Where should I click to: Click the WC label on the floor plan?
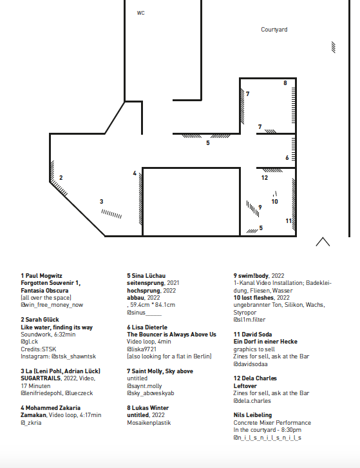pyautogui.click(x=140, y=13)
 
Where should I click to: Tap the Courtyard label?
pyautogui.click(x=274, y=30)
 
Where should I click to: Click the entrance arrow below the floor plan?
pyautogui.click(x=323, y=242)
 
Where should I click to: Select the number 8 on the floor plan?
pyautogui.click(x=285, y=83)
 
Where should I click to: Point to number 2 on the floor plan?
pyautogui.click(x=61, y=177)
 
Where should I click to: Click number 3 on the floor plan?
pyautogui.click(x=101, y=202)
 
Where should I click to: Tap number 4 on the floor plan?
pyautogui.click(x=135, y=173)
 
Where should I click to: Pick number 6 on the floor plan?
pyautogui.click(x=287, y=157)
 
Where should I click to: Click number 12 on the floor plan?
pyautogui.click(x=265, y=177)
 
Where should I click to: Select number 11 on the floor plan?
pyautogui.click(x=289, y=221)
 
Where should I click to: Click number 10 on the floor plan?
pyautogui.click(x=275, y=202)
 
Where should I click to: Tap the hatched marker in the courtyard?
pyautogui.click(x=334, y=47)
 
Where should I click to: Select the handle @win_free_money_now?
pyautogui.click(x=52, y=305)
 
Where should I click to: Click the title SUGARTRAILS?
pyautogui.click(x=41, y=378)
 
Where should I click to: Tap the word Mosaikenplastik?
pyautogui.click(x=149, y=423)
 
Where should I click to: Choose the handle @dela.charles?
pyautogui.click(x=252, y=400)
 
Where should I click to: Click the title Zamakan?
pyautogui.click(x=33, y=415)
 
